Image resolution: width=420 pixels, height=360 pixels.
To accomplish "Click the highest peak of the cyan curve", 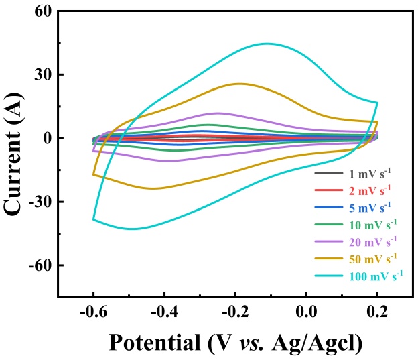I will pos(268,44).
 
